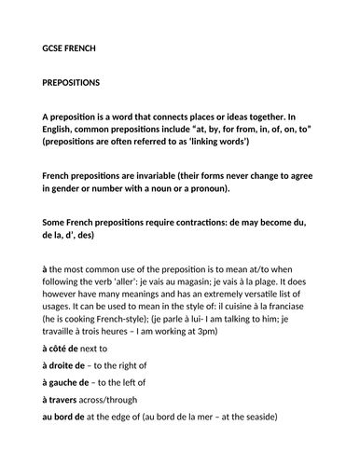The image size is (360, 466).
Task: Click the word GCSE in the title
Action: (x=56, y=48)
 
